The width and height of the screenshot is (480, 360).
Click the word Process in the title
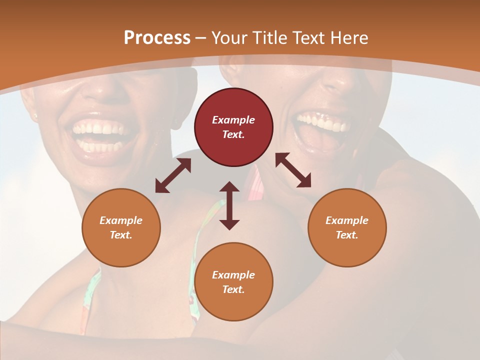click(x=157, y=38)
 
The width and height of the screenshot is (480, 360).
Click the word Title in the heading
click(x=268, y=38)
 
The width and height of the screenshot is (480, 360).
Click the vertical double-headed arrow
click(x=229, y=205)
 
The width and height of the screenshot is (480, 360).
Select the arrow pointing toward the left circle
click(x=173, y=175)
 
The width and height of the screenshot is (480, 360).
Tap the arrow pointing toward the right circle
click(x=293, y=170)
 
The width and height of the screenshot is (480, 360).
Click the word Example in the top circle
click(x=233, y=120)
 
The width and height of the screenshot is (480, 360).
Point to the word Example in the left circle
click(x=121, y=220)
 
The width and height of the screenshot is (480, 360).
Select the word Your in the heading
click(x=227, y=38)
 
